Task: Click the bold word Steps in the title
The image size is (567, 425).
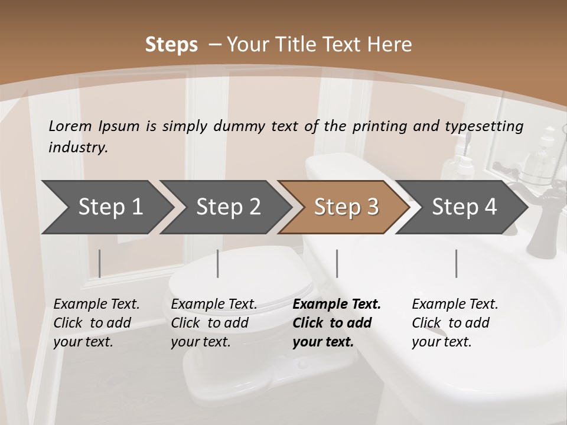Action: (171, 45)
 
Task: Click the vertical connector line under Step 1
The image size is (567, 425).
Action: (100, 263)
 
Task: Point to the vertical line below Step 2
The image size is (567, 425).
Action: (218, 263)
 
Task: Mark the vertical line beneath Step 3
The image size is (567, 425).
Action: (337, 263)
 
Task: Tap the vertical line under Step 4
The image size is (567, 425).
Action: (457, 263)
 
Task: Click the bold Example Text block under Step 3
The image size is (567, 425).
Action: (336, 323)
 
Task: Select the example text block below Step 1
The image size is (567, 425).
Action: (96, 323)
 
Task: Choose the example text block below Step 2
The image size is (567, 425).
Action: (214, 323)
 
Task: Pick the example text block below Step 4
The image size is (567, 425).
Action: (455, 323)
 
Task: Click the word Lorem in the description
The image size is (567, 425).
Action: (70, 126)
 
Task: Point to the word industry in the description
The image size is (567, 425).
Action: (78, 147)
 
